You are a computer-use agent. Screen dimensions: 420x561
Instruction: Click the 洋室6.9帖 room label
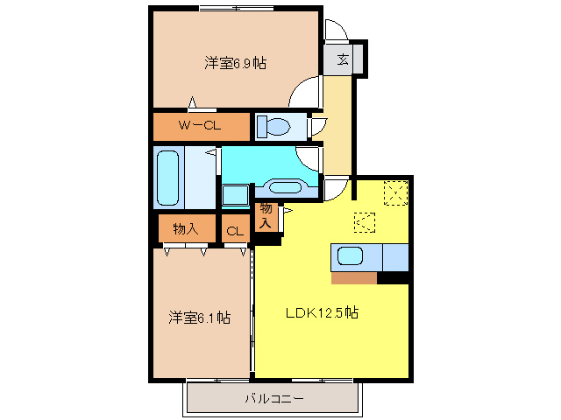click(236, 63)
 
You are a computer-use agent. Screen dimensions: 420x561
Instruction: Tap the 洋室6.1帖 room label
click(200, 318)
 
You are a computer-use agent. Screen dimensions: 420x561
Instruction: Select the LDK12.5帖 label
click(322, 311)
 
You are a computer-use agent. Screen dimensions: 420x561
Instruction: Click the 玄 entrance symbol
click(343, 60)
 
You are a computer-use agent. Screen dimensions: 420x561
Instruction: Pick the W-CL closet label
click(200, 126)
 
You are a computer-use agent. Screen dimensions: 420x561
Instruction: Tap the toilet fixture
click(275, 127)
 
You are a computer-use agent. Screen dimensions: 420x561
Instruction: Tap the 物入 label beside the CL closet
click(185, 229)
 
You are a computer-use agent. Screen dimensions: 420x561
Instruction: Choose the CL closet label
click(234, 231)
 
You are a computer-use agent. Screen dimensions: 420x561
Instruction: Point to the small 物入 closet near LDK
click(266, 216)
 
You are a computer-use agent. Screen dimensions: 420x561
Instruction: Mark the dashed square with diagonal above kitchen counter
click(364, 223)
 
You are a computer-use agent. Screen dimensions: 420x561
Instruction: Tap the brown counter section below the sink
click(354, 278)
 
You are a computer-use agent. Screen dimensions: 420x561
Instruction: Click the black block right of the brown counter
click(394, 278)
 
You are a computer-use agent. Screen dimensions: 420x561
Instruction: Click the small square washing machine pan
click(234, 194)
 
